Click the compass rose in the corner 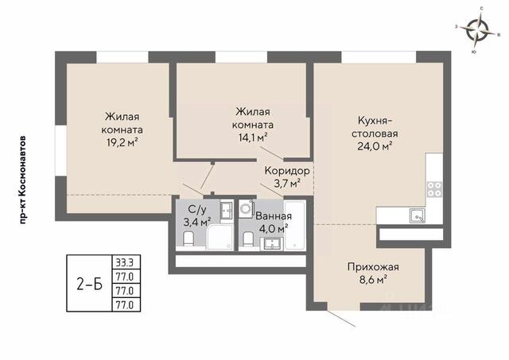[476, 29]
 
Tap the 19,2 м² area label [122, 143]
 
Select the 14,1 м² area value [253, 137]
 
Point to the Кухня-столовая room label [375, 127]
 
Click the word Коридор [287, 171]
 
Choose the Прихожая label [373, 267]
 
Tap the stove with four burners [434, 189]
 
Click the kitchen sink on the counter [418, 215]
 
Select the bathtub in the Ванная [295, 226]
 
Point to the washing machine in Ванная [247, 209]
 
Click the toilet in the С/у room [188, 238]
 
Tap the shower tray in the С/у [220, 237]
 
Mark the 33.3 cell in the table [126, 261]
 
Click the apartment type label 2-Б [90, 285]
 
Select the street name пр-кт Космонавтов [22, 180]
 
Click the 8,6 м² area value [373, 280]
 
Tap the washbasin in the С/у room [227, 211]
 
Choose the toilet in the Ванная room [248, 239]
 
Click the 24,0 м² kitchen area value [375, 146]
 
